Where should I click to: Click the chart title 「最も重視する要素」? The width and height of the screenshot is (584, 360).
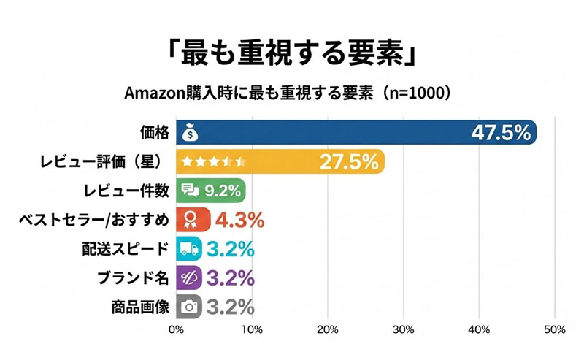(292, 54)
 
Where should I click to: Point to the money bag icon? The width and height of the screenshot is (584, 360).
(190, 133)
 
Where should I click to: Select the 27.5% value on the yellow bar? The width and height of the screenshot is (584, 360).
(347, 162)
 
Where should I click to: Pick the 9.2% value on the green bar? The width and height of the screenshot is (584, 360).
(222, 191)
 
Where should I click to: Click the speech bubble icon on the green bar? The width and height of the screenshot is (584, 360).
(190, 191)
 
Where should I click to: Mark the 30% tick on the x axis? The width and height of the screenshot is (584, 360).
(403, 329)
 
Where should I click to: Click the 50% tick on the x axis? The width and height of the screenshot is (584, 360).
(554, 329)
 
